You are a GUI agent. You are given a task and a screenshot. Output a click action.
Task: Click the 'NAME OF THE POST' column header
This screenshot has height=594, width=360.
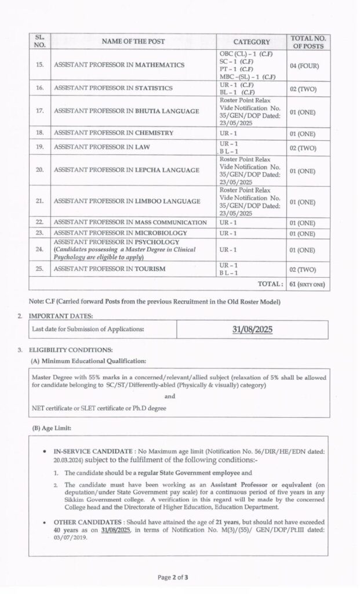point(133,41)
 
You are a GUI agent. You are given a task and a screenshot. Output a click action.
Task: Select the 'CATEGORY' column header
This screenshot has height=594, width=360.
point(252,42)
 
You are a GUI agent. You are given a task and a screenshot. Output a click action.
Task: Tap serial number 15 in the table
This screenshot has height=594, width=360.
point(39,65)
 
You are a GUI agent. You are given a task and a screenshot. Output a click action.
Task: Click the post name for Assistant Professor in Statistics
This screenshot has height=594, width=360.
point(113,88)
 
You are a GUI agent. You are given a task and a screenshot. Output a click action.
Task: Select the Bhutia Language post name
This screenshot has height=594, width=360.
point(126,111)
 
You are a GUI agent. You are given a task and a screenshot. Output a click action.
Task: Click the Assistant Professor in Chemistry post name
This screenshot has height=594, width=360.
point(114,133)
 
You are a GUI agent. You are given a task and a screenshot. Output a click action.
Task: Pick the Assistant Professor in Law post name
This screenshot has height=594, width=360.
point(102,147)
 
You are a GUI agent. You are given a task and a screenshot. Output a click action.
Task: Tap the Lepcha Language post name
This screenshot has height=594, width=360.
point(126,171)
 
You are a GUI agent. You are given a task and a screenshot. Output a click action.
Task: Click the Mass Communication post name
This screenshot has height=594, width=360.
point(130,222)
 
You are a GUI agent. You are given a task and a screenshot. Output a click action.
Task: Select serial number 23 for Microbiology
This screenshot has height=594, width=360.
point(39,233)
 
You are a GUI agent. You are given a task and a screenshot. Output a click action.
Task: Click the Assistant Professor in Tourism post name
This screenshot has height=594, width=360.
point(110,269)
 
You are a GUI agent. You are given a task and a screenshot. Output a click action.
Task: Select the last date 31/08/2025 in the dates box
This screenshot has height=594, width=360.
point(253,329)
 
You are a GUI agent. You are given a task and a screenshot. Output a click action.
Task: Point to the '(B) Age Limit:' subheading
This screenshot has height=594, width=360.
point(52,428)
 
